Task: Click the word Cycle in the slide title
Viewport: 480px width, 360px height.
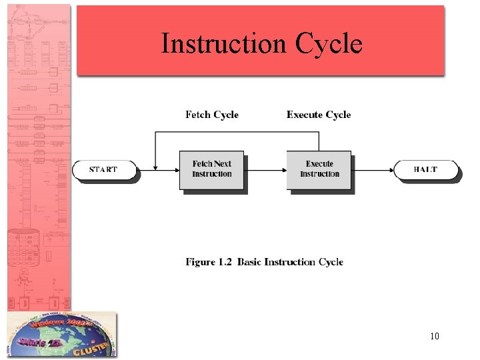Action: [x=329, y=44]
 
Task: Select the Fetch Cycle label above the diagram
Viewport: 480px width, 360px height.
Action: [x=211, y=115]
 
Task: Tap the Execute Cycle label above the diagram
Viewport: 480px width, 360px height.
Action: [x=319, y=115]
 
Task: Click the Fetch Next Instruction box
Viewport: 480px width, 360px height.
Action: [x=211, y=169]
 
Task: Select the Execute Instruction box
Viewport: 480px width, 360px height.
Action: [x=319, y=169]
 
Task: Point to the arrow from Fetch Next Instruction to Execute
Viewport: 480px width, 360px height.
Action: [x=265, y=170]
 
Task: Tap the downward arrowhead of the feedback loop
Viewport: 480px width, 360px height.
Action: [x=155, y=166]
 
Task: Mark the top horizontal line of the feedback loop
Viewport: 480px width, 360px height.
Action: [x=237, y=132]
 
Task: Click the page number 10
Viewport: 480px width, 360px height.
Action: [x=435, y=336]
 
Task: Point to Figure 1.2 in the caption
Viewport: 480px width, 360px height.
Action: [x=209, y=262]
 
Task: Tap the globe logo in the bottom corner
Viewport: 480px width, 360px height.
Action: [x=61, y=335]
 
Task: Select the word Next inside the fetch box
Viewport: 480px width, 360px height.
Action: [x=223, y=163]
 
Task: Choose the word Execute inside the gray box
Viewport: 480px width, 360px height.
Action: [x=319, y=163]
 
